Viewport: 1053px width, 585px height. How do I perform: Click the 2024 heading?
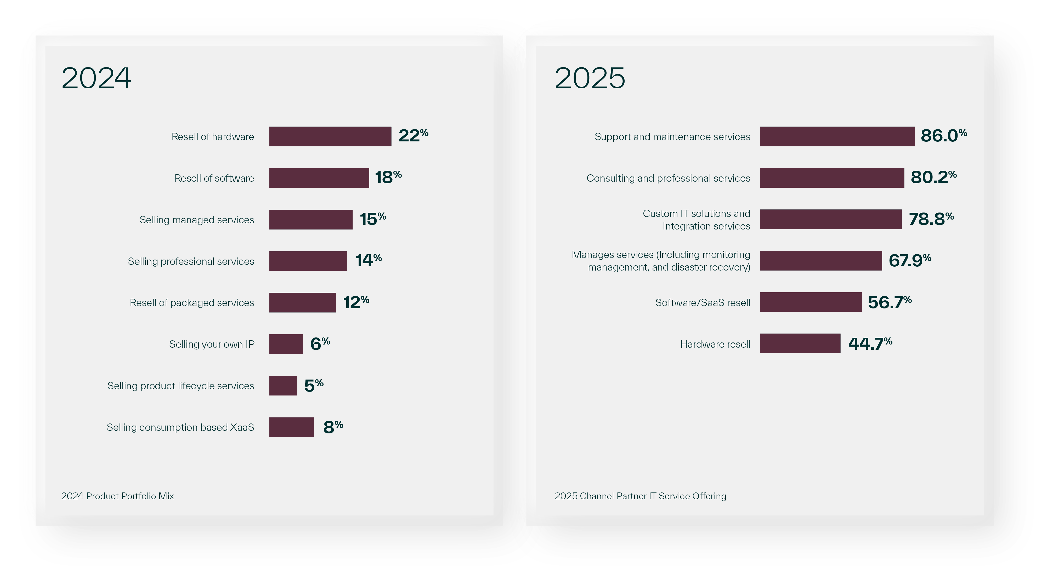(97, 78)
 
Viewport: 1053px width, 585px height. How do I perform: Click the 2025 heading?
(590, 78)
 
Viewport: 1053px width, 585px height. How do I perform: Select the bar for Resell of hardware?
(330, 136)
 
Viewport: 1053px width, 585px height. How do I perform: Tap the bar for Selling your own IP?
(286, 344)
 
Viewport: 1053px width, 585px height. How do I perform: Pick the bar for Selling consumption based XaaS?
(291, 427)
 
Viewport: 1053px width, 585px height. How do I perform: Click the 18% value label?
(388, 177)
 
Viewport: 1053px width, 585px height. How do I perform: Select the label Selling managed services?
(197, 220)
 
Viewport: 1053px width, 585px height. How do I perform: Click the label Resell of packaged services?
(192, 303)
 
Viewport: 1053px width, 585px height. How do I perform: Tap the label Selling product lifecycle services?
(181, 386)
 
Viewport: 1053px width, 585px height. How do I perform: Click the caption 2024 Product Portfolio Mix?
(117, 496)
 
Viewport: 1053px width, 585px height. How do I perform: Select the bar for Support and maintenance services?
(837, 136)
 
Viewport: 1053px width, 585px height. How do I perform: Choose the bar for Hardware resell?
(800, 343)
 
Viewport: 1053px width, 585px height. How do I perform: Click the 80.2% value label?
(933, 177)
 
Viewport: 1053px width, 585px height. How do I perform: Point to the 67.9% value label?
(909, 260)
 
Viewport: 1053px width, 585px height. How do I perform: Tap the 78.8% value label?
(931, 219)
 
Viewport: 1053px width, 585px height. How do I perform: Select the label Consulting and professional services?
(668, 178)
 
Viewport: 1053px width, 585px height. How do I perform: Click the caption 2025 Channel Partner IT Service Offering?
(640, 496)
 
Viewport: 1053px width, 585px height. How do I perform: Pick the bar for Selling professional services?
(308, 261)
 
